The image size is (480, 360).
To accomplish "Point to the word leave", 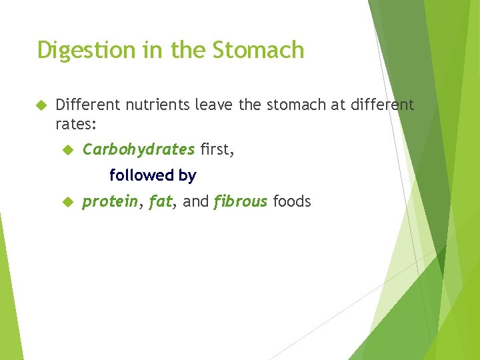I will click(x=213, y=105).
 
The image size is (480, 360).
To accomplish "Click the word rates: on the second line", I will click(x=77, y=123).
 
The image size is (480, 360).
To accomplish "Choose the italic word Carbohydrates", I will click(x=139, y=149).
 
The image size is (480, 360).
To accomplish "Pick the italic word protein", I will click(x=110, y=201).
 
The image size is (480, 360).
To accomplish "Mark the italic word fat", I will click(x=160, y=201).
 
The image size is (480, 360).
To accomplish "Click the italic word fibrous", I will click(x=241, y=201).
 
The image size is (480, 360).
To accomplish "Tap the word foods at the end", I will click(x=292, y=201).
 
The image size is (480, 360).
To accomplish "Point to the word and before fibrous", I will click(x=195, y=201).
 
